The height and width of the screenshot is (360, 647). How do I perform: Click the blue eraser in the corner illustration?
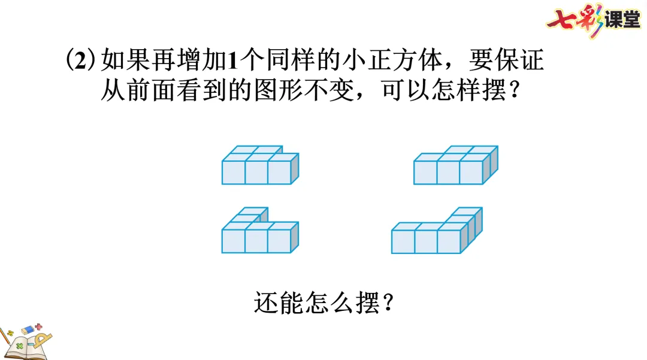click(x=28, y=331)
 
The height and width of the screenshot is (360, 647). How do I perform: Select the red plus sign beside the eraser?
click(x=40, y=327)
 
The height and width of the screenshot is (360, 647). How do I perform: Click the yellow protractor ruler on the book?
click(x=41, y=343)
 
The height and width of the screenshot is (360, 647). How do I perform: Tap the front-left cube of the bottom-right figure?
click(x=403, y=241)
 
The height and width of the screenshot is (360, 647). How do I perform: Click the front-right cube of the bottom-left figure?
click(x=279, y=241)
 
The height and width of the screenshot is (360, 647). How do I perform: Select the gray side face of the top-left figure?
click(x=294, y=168)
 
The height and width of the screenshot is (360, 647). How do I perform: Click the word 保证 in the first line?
click(x=521, y=61)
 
